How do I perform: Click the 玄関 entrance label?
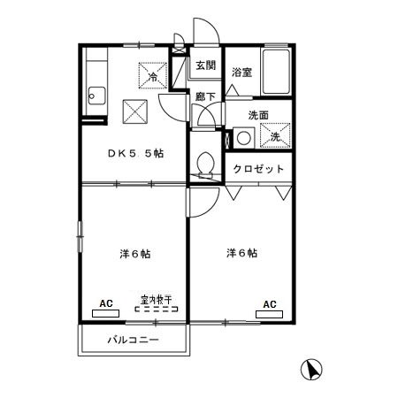[x=206, y=65]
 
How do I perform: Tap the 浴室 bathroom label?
[x=241, y=73]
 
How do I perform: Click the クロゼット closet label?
[x=258, y=168]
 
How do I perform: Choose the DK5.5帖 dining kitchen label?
[x=135, y=153]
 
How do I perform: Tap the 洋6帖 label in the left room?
[x=135, y=254]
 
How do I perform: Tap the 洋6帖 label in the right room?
[x=241, y=254]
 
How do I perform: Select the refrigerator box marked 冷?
[x=152, y=76]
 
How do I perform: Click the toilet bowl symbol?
[x=206, y=165]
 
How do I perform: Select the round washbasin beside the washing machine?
[x=243, y=137]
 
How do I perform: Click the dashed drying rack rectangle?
[x=156, y=310]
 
